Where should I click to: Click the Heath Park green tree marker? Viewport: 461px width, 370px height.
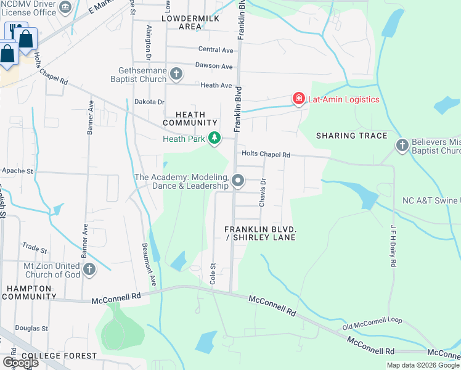coord(214,138)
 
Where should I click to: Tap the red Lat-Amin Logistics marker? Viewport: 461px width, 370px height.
coord(299,99)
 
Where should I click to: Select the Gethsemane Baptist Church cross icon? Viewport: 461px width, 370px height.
coord(176,75)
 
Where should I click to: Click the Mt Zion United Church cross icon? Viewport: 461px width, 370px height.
coord(89,269)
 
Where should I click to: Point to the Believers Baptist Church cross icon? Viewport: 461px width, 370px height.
coord(402,146)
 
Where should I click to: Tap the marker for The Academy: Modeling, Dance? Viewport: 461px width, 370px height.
coord(238,181)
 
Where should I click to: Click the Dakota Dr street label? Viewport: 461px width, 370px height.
coord(150,102)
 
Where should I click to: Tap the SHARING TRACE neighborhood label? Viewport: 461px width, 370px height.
coord(351,136)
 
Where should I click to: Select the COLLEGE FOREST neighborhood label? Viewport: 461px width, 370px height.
coord(59,356)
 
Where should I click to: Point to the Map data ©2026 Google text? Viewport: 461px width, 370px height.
coord(422,365)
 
